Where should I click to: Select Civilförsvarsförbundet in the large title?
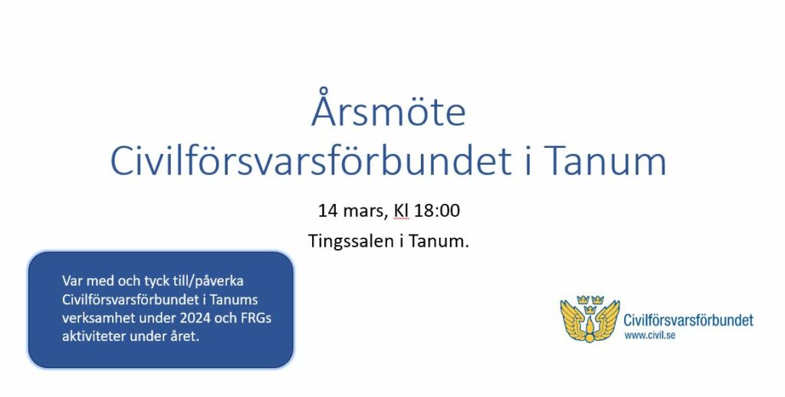pos(310,161)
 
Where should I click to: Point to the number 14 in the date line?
pos(328,211)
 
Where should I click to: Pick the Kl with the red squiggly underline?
pos(402,211)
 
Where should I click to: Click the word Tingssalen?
pos(350,241)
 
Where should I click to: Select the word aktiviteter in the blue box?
pos(94,336)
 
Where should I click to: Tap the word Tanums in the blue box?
pos(234,300)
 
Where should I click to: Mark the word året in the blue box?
pos(186,336)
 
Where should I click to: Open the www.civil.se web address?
pos(649,336)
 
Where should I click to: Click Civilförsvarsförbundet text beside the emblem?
pos(688,320)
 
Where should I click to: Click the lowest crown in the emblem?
pos(590,310)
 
